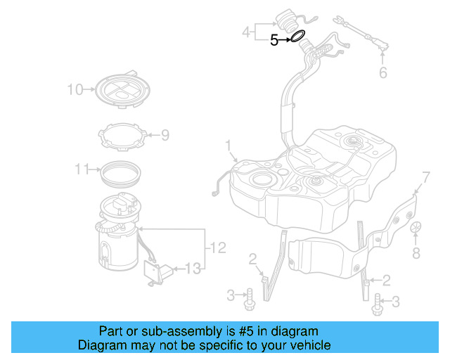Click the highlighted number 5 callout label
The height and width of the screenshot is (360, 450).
click(275, 41)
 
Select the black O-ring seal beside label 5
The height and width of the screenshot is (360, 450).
click(297, 36)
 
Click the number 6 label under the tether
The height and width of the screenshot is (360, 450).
click(383, 72)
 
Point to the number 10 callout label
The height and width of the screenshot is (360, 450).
click(75, 89)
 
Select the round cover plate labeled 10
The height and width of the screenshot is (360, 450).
click(122, 89)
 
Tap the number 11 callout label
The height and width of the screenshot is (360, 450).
click(82, 169)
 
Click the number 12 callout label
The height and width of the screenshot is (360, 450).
click(218, 247)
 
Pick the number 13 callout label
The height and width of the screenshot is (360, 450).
click(192, 268)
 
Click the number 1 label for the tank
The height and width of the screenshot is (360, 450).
click(228, 146)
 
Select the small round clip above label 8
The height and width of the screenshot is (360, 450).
click(416, 229)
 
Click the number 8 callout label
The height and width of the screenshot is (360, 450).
click(416, 253)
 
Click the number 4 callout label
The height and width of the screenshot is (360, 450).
click(245, 32)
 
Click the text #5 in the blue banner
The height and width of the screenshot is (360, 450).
click(249, 331)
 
